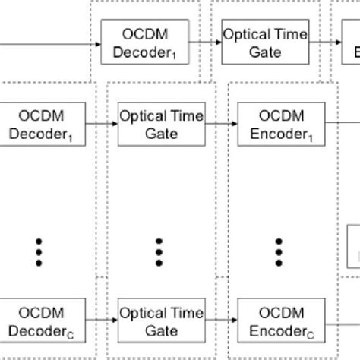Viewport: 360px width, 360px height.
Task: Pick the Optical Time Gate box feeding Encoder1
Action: (159, 125)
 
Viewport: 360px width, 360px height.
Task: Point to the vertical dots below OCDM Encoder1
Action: (279, 251)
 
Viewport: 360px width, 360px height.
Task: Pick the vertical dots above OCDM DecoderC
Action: (38, 251)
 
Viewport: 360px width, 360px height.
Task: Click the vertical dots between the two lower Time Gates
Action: (159, 251)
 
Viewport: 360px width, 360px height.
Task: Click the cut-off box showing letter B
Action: (352, 43)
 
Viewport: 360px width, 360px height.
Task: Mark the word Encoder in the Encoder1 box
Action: (275, 134)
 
